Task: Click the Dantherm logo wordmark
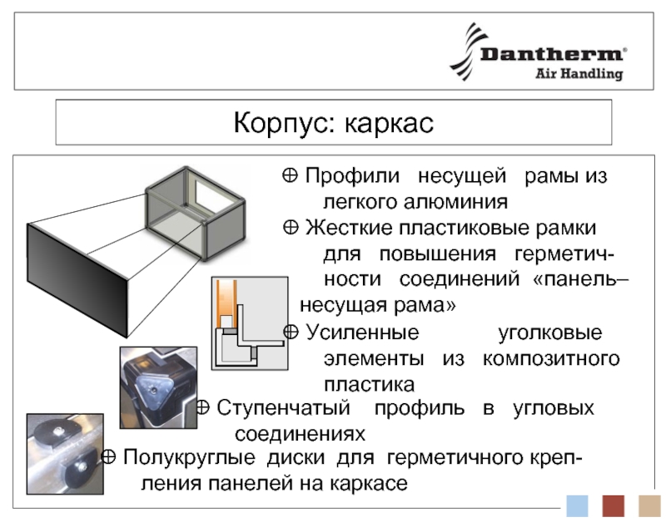[551, 55]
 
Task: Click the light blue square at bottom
[577, 505]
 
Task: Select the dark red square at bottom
[614, 505]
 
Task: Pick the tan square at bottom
[649, 505]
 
